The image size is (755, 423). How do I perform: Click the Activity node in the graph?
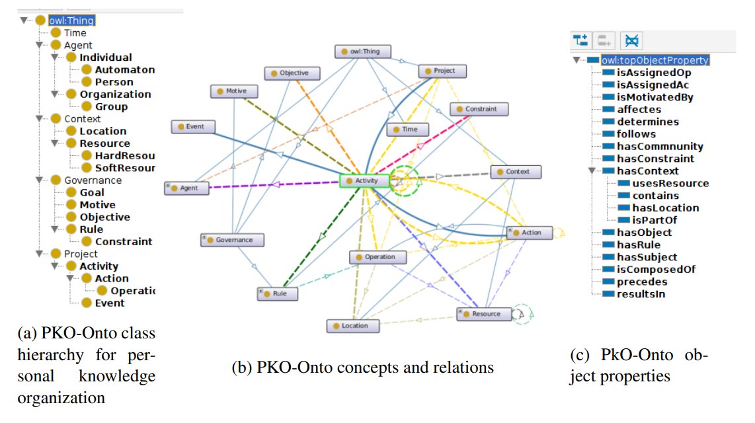[x=364, y=180]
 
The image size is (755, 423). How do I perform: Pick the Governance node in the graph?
[x=232, y=240]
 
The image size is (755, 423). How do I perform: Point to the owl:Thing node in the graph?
[x=364, y=52]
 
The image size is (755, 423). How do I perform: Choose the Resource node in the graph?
[x=485, y=314]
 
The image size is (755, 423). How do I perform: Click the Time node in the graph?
[x=407, y=130]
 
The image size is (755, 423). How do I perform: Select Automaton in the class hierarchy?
[x=124, y=70]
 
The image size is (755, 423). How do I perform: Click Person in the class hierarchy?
[x=114, y=82]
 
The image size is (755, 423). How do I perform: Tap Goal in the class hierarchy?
[x=92, y=192]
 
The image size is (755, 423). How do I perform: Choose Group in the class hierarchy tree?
[x=111, y=106]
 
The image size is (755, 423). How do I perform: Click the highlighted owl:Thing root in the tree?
[x=71, y=20]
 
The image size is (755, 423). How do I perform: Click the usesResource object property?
[x=670, y=183]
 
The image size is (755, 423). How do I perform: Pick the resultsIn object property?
[x=641, y=293]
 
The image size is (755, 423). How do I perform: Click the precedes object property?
[x=641, y=282]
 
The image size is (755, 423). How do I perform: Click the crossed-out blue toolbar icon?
[x=632, y=41]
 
